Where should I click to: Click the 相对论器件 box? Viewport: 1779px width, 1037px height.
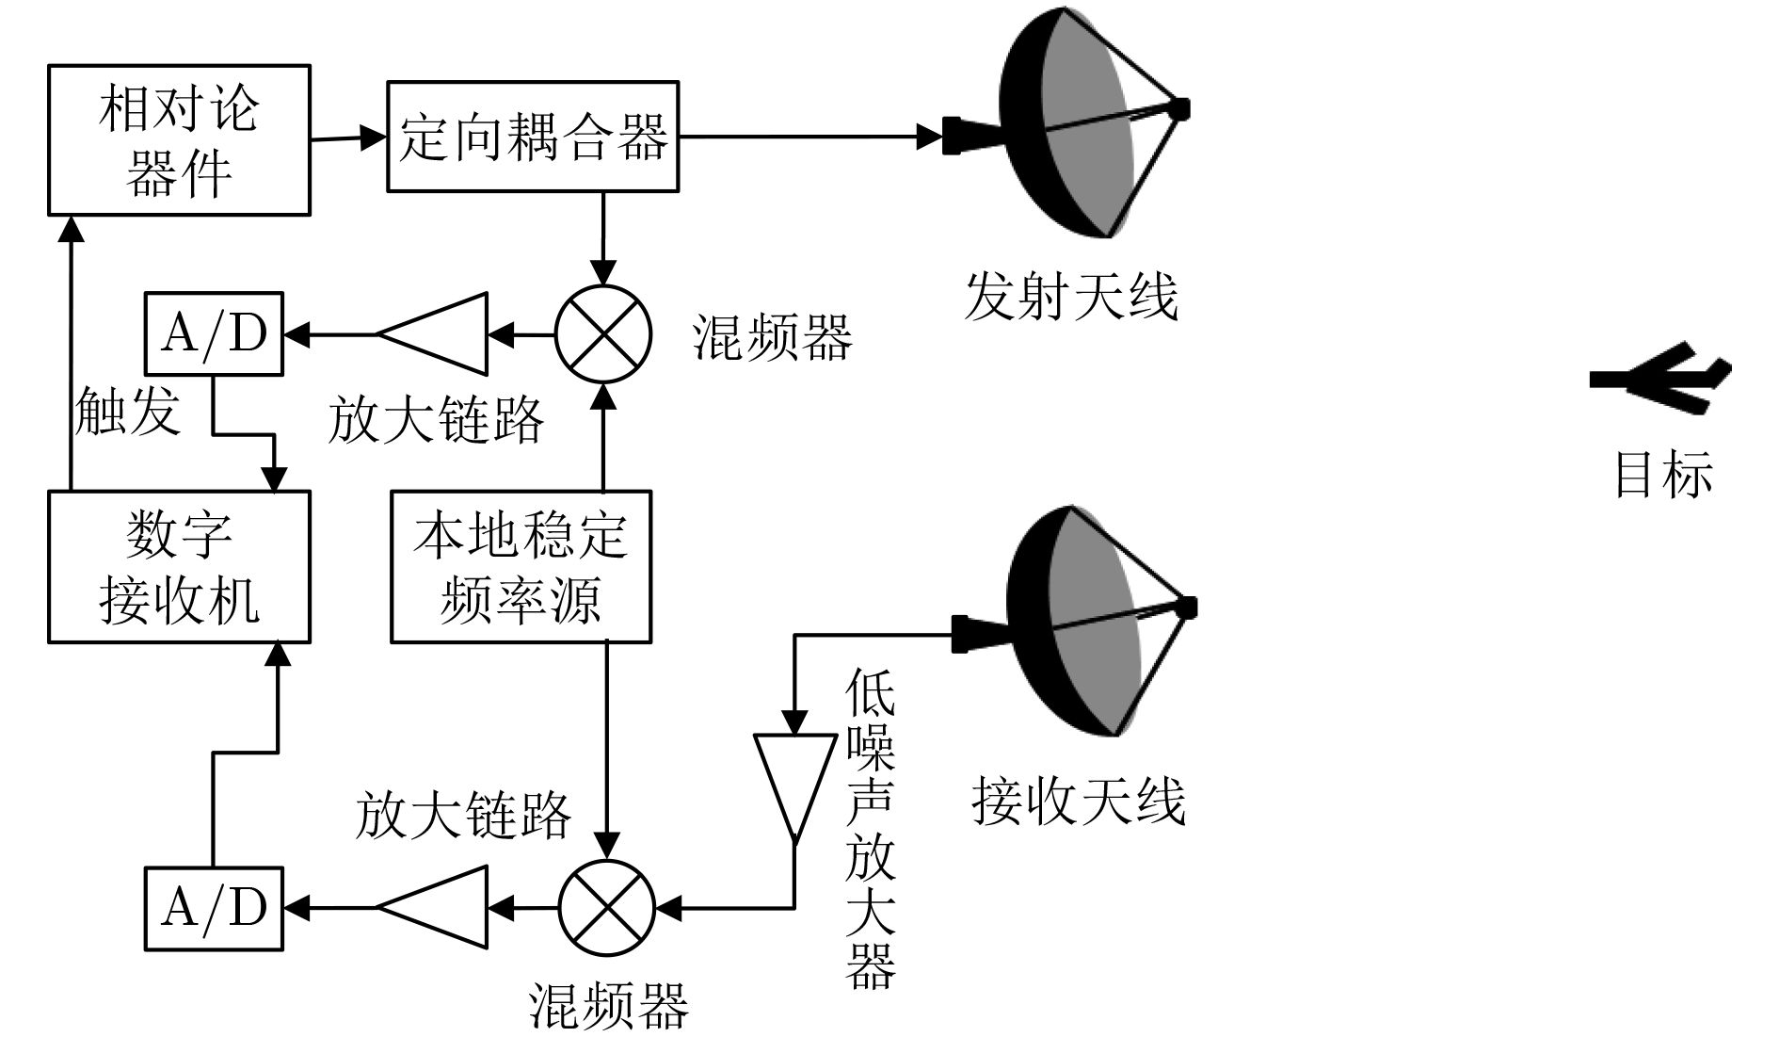(x=179, y=140)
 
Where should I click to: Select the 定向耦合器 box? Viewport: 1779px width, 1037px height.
(x=533, y=138)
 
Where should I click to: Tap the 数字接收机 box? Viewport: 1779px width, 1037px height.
(x=179, y=567)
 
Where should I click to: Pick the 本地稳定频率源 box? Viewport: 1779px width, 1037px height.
(x=521, y=567)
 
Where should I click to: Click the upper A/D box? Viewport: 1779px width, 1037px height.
(x=214, y=333)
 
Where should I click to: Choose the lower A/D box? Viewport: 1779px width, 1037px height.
(x=214, y=908)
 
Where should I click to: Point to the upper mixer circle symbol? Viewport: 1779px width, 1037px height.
(x=603, y=333)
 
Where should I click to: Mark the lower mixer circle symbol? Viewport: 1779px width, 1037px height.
(x=606, y=908)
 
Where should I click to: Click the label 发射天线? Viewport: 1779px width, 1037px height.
(x=1071, y=297)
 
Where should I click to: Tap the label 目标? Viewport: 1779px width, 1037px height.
(x=1663, y=474)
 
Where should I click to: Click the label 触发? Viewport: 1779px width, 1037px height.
(x=127, y=411)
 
